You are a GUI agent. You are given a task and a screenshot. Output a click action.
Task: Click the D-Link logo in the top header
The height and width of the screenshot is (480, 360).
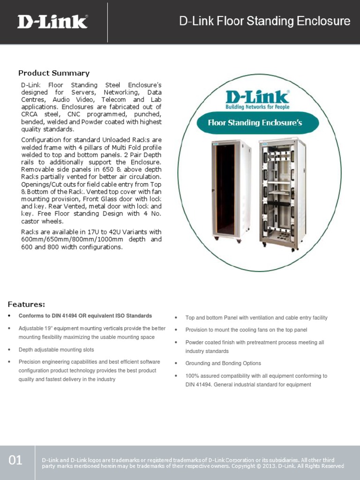[x=52, y=22]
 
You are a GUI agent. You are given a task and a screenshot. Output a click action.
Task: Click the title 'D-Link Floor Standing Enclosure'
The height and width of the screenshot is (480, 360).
[x=265, y=22]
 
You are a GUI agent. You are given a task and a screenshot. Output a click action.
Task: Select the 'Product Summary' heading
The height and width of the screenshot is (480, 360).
[x=53, y=73]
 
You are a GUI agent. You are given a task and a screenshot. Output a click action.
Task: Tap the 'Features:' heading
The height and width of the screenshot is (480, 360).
[x=26, y=304]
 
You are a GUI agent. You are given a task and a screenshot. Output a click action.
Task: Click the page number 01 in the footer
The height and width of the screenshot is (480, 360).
[x=15, y=460]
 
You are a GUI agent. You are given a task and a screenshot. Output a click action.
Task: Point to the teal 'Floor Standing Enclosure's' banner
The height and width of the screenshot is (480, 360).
[x=255, y=123]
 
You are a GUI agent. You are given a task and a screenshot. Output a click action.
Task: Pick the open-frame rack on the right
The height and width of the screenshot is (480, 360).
[x=283, y=193]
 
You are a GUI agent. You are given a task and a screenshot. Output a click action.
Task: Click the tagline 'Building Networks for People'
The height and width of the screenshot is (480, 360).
[x=257, y=107]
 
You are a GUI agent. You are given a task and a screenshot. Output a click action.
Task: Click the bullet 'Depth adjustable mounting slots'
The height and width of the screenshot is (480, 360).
[x=56, y=350]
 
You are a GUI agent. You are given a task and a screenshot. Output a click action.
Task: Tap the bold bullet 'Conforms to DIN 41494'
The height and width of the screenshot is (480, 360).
[x=85, y=315]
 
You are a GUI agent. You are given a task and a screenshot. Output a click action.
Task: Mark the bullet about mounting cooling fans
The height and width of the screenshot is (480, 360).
[x=246, y=330]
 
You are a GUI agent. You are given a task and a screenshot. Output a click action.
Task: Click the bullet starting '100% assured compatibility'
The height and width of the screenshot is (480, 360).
[x=256, y=376]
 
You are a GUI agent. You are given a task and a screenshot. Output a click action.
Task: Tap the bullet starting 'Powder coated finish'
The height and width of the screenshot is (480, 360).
[x=255, y=343]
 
